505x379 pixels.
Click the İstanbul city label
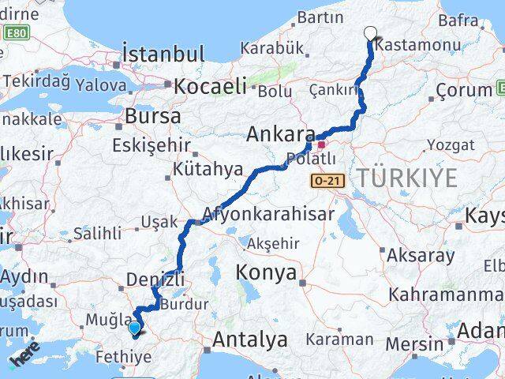pyautogui.click(x=163, y=54)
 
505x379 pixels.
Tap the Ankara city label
pyautogui.click(x=280, y=134)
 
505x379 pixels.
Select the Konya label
pyautogui.click(x=266, y=273)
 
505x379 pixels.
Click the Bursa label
pyautogui.click(x=152, y=116)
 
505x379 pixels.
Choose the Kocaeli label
pyautogui.click(x=210, y=86)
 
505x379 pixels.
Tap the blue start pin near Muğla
pyautogui.click(x=135, y=328)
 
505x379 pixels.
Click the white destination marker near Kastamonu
pyautogui.click(x=371, y=34)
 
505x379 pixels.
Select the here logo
pyautogui.click(x=25, y=358)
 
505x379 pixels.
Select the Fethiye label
pyautogui.click(x=123, y=357)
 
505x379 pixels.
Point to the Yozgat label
pyautogui.click(x=451, y=145)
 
